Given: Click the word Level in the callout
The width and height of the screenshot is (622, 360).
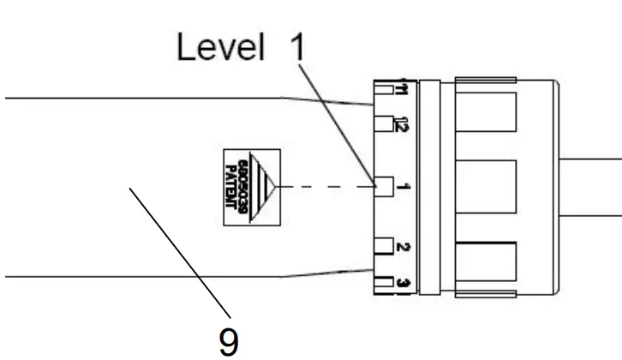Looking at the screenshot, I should [x=218, y=48].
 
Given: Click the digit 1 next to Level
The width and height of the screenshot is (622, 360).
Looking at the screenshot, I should [x=296, y=48].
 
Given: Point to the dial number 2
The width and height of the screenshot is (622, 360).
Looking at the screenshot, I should [x=401, y=248].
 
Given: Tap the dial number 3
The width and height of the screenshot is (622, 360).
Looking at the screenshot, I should [x=401, y=283].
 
